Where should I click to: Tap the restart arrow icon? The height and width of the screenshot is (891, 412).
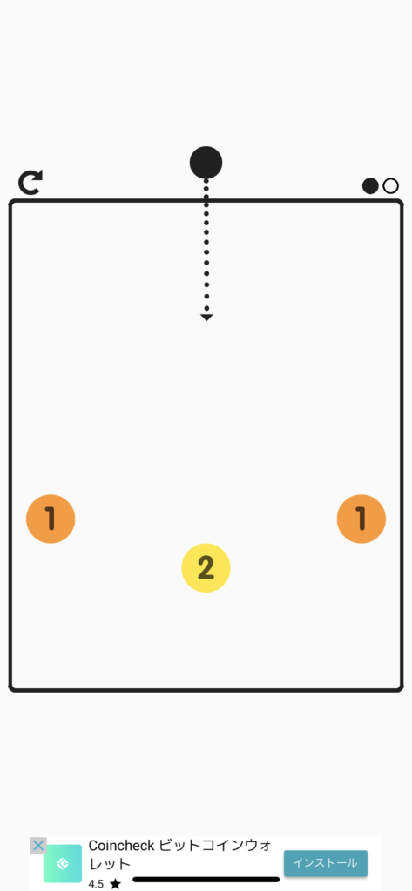pyautogui.click(x=30, y=183)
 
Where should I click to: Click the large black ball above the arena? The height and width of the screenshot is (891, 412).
pyautogui.click(x=206, y=163)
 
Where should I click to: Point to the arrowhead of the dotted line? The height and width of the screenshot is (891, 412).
pyautogui.click(x=206, y=318)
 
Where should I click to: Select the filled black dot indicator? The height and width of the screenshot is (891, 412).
pyautogui.click(x=370, y=186)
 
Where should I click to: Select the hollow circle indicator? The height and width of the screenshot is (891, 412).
pyautogui.click(x=390, y=186)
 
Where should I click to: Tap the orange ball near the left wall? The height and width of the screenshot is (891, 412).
pyautogui.click(x=51, y=519)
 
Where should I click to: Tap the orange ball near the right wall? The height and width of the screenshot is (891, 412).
pyautogui.click(x=361, y=519)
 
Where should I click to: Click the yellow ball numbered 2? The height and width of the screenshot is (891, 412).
pyautogui.click(x=206, y=567)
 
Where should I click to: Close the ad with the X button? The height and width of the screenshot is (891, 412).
pyautogui.click(x=38, y=846)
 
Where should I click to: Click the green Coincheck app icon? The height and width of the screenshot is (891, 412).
pyautogui.click(x=63, y=863)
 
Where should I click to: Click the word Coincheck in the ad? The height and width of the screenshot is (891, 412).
pyautogui.click(x=122, y=846)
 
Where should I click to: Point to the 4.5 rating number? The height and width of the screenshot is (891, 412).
pyautogui.click(x=96, y=884)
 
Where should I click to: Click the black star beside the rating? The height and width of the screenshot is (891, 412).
pyautogui.click(x=116, y=884)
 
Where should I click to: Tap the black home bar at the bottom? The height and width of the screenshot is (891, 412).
pyautogui.click(x=206, y=880)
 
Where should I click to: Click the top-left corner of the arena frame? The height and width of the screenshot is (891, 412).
pyautogui.click(x=10, y=201)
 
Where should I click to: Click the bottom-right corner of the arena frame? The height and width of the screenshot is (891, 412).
pyautogui.click(x=402, y=689)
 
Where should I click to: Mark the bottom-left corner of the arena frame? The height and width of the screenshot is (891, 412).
pyautogui.click(x=10, y=689)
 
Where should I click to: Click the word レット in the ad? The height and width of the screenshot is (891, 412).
pyautogui.click(x=110, y=864)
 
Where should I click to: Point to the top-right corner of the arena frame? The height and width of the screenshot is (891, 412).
pyautogui.click(x=402, y=201)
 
